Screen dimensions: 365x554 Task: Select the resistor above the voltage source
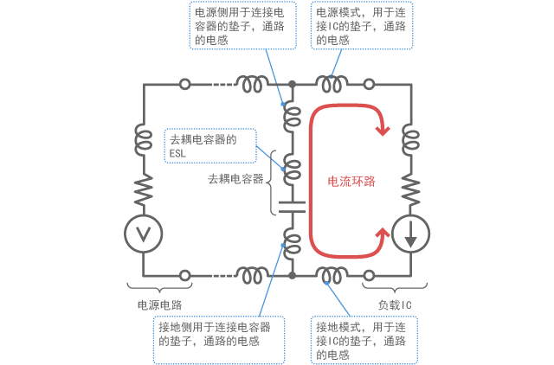(143, 186)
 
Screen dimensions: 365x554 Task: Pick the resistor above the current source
(409, 186)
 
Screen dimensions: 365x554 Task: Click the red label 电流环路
(351, 182)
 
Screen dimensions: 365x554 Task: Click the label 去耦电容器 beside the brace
(235, 179)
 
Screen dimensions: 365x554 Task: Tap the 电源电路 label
(159, 304)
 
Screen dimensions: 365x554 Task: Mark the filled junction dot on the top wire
(293, 85)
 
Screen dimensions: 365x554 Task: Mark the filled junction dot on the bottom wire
(293, 275)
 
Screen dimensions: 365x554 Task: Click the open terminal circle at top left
(184, 85)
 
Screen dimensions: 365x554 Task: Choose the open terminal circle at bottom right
(369, 275)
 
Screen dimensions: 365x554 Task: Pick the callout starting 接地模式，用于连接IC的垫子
(364, 340)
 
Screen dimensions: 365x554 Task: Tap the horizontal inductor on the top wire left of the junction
(254, 84)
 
